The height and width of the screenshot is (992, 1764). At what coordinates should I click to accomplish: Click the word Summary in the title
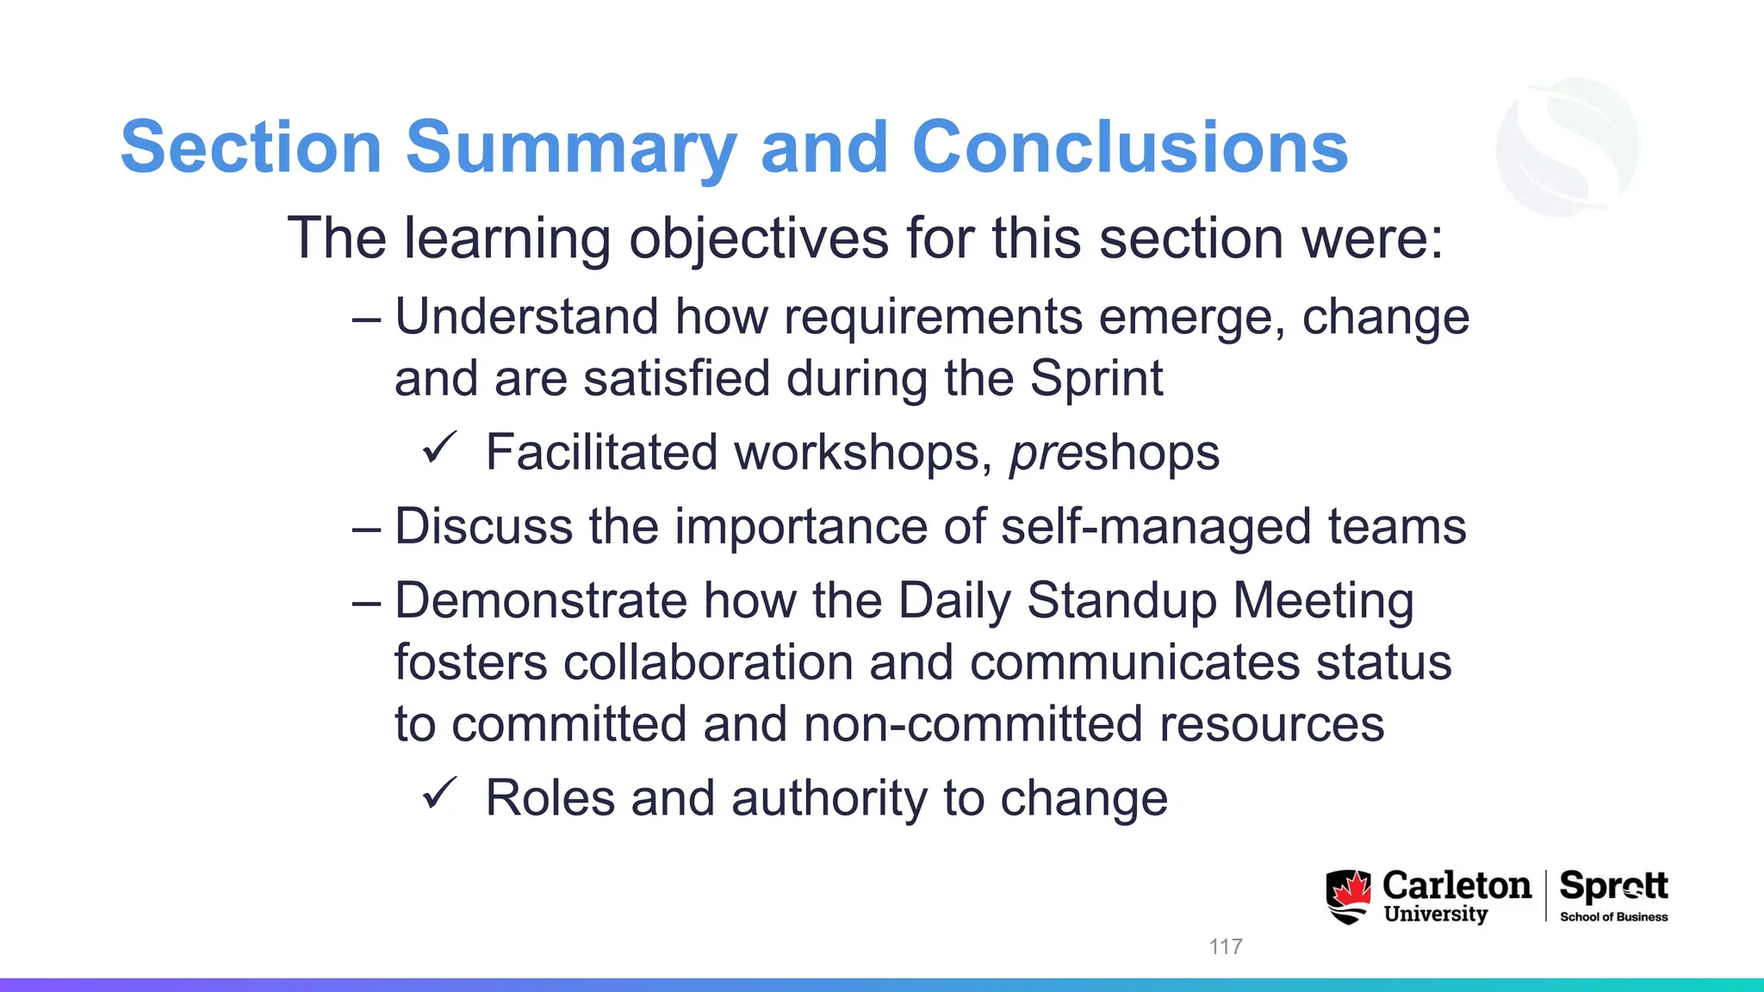tap(570, 148)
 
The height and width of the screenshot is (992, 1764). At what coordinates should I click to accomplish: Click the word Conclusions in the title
tap(1129, 148)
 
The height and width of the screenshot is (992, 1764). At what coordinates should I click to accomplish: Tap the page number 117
tap(1225, 946)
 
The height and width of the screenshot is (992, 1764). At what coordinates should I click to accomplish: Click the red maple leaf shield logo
tap(1348, 896)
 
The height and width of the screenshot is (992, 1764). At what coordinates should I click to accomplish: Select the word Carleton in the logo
tap(1457, 885)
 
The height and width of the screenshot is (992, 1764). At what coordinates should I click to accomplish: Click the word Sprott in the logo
tap(1613, 886)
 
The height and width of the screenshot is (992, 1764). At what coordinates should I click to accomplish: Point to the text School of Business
tap(1613, 917)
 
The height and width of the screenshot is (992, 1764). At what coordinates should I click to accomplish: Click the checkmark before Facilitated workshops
tap(439, 449)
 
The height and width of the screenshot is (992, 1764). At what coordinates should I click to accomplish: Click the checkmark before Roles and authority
tap(439, 794)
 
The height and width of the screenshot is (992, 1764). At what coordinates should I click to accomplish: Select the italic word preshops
tap(1115, 453)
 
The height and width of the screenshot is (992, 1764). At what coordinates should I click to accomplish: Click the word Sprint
tap(1096, 379)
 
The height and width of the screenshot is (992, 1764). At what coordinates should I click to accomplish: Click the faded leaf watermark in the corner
tap(1568, 146)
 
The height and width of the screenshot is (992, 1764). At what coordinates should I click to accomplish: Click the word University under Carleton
tap(1435, 914)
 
